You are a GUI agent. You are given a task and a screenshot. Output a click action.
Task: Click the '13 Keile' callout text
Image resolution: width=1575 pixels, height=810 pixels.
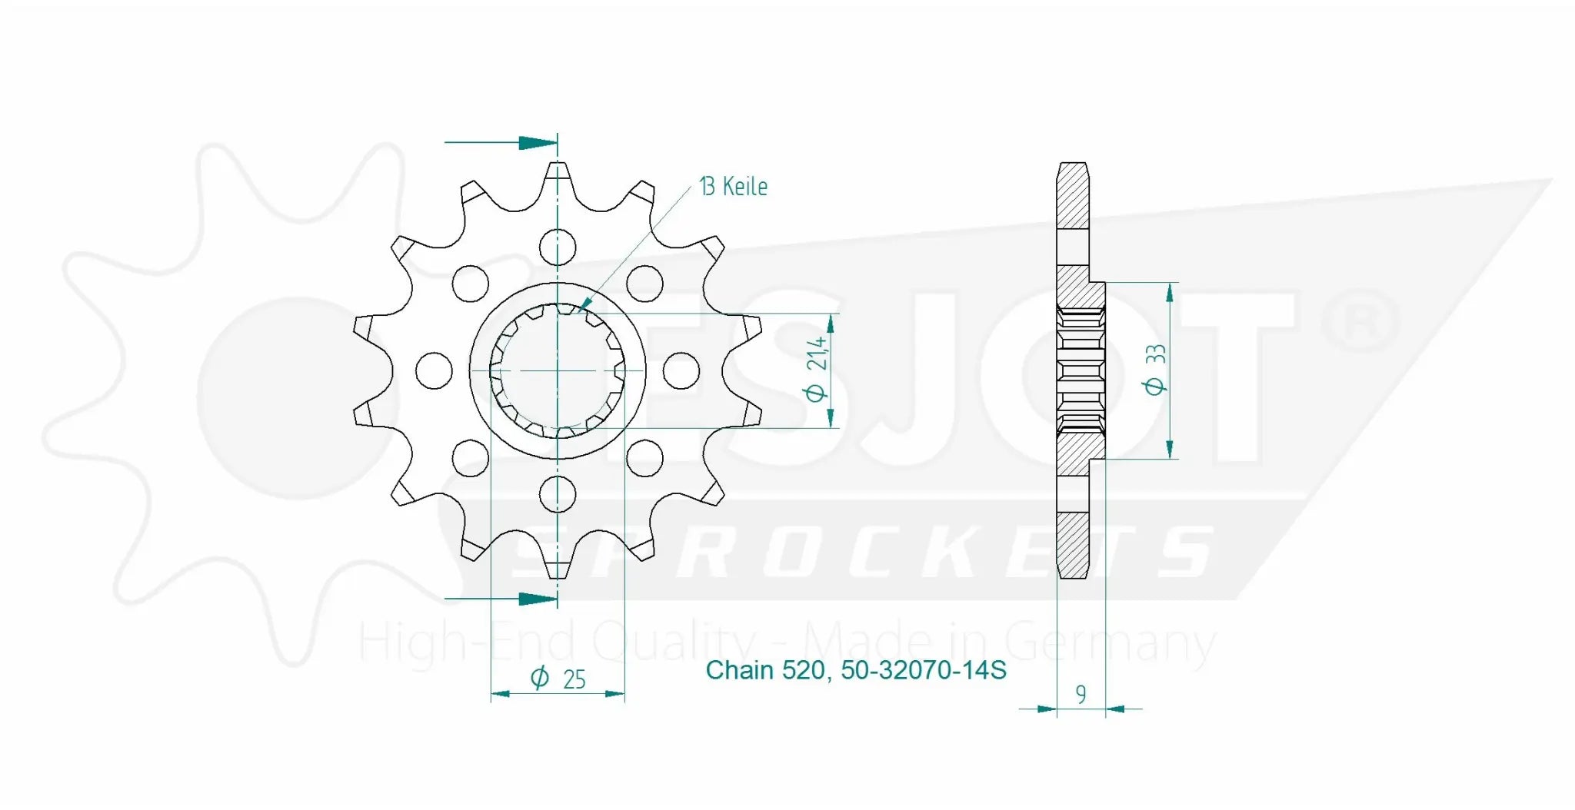733,187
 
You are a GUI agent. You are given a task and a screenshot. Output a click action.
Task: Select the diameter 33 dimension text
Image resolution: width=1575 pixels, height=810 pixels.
1155,370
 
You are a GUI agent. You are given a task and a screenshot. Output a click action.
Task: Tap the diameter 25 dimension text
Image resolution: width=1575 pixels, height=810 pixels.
558,679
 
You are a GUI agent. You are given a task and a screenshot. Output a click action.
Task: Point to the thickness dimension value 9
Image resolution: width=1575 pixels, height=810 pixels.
1081,695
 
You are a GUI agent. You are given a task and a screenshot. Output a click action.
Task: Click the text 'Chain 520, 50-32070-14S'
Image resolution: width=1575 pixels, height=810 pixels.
855,670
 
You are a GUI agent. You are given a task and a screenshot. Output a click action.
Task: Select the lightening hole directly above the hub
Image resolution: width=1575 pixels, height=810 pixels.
558,247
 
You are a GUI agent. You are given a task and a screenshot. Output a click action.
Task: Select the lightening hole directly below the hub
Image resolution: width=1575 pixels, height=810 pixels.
558,493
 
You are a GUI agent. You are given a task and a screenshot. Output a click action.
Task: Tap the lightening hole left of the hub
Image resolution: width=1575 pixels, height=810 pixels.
434,370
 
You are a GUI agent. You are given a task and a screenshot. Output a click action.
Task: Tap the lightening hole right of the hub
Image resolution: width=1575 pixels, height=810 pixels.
681,370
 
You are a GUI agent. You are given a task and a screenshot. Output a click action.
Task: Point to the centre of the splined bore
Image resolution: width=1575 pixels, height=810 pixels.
558,370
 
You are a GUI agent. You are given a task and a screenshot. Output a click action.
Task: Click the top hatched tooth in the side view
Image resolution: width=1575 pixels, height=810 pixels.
1073,196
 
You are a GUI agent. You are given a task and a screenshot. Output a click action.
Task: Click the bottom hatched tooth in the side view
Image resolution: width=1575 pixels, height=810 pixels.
1073,546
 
